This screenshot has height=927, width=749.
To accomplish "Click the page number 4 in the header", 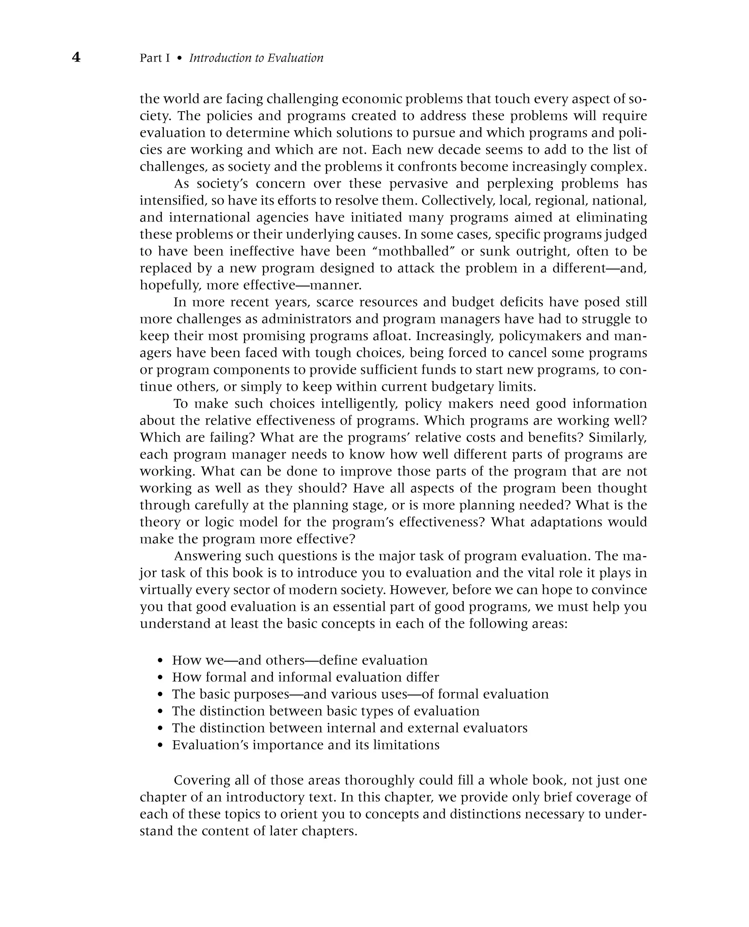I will point(76,57).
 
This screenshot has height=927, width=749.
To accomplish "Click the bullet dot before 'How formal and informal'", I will point(161,678).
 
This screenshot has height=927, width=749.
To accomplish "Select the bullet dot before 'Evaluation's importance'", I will point(161,745).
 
